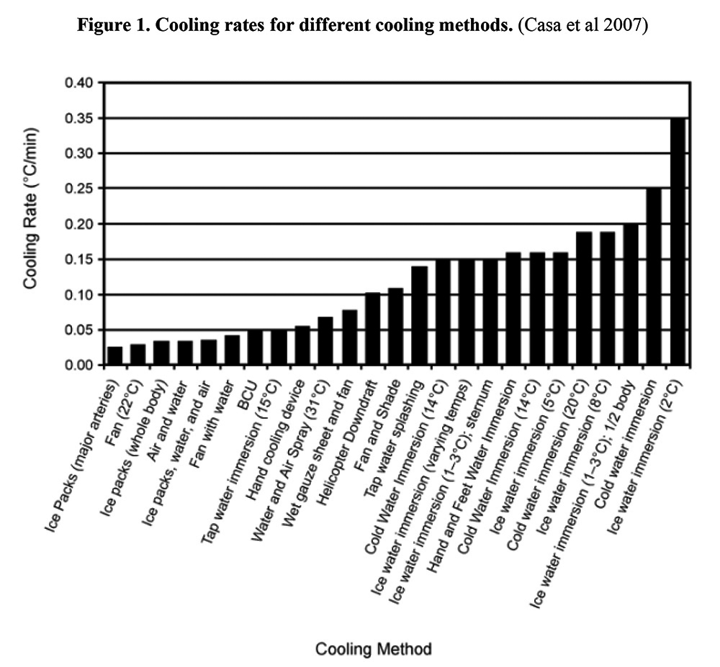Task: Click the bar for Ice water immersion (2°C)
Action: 677,242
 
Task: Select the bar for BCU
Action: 255,348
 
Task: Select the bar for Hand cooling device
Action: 302,347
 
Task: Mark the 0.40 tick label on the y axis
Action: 79,83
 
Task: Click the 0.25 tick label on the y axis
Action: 79,189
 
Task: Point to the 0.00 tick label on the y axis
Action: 79,366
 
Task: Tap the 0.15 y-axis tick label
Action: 79,259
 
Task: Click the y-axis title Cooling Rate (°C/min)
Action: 30,209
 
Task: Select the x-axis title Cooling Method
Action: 374,649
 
